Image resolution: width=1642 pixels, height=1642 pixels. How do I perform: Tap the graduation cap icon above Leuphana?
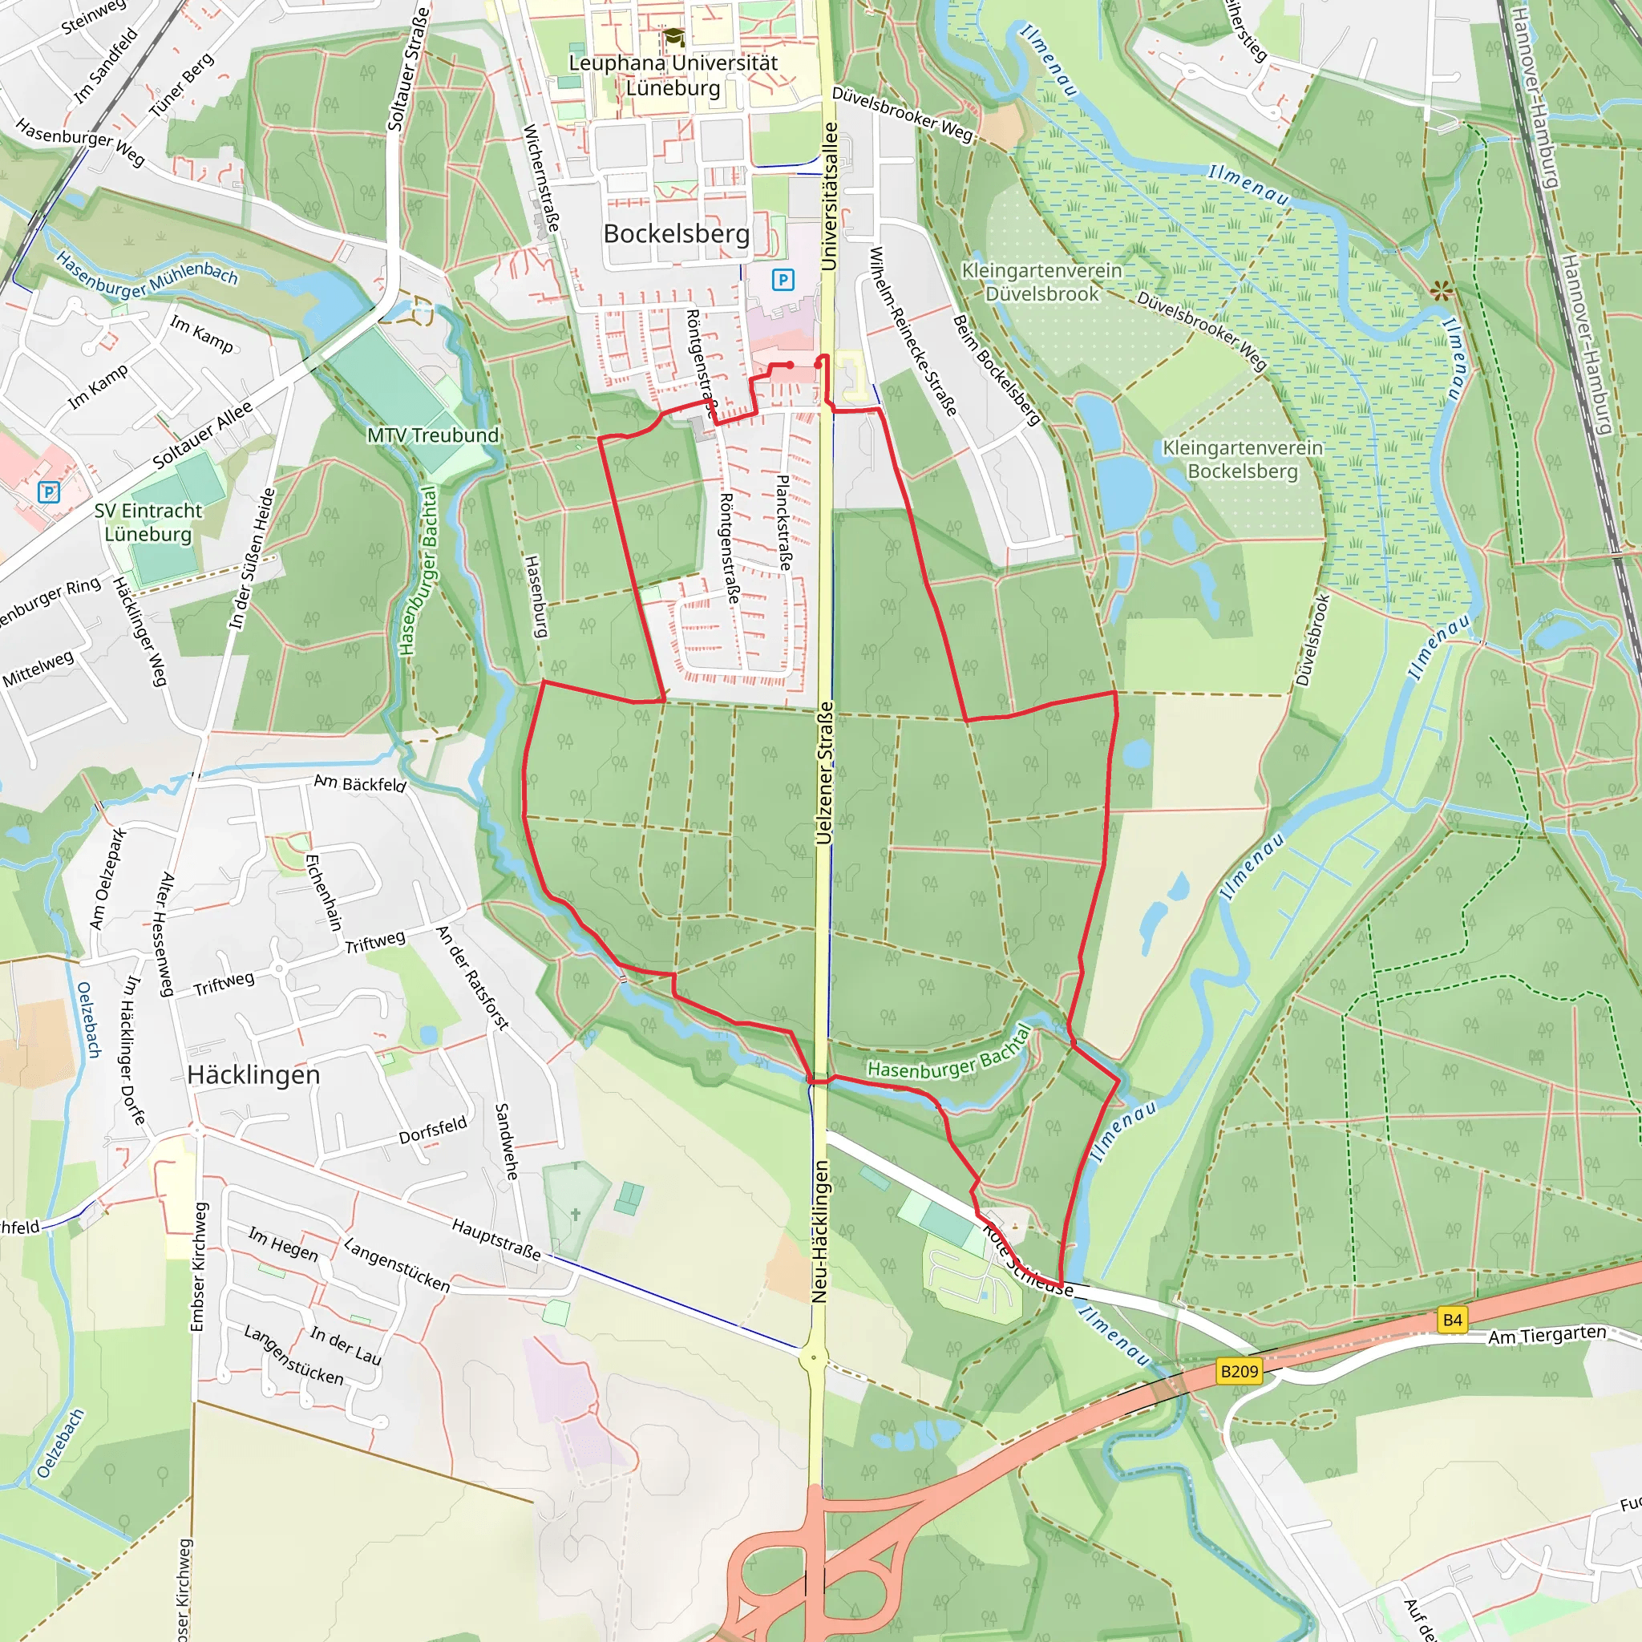tap(674, 38)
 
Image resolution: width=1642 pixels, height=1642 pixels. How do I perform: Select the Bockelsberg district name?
tap(677, 234)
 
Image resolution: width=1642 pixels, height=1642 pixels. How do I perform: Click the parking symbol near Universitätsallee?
tap(783, 280)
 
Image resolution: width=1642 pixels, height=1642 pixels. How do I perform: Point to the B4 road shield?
tap(1453, 1320)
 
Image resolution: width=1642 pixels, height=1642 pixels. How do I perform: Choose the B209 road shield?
tap(1240, 1371)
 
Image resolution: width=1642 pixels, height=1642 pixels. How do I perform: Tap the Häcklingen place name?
tap(253, 1075)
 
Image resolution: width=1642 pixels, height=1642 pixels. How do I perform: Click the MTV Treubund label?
tap(433, 435)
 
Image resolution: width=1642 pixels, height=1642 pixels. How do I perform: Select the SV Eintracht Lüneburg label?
tap(149, 522)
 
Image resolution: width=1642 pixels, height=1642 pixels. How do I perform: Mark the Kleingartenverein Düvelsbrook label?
tap(1042, 282)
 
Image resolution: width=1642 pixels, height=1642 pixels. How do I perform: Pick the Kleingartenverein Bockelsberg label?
tap(1243, 459)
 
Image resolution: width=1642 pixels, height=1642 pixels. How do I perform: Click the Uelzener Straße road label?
tap(823, 773)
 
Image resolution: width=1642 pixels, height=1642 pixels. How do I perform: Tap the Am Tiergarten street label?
tap(1547, 1335)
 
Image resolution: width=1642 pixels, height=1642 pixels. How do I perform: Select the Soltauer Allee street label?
tap(202, 435)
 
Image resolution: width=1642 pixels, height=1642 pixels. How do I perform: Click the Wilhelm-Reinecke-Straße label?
tap(914, 331)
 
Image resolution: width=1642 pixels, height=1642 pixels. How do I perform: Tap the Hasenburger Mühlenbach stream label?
tap(146, 273)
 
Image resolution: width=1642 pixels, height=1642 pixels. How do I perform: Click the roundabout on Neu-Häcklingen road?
tap(813, 1357)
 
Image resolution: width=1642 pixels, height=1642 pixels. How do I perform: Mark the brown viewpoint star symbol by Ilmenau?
tap(1441, 293)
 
